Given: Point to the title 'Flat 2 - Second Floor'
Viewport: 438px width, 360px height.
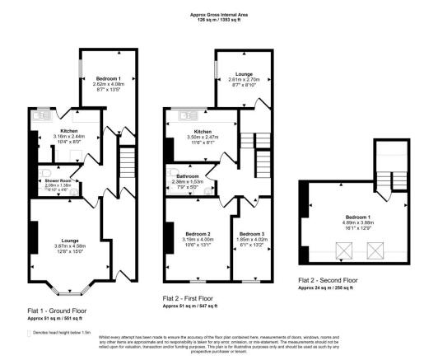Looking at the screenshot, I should [x=328, y=282].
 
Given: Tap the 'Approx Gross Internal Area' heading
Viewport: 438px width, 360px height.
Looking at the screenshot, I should [x=218, y=15].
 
